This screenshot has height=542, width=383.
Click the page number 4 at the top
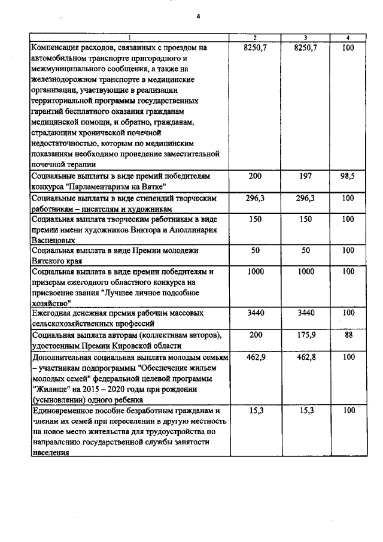197,16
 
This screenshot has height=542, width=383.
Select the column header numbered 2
256,38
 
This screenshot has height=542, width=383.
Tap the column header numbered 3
305,38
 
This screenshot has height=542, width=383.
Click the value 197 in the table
305,176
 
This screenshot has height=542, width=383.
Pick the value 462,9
256,358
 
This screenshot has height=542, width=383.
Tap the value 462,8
305,358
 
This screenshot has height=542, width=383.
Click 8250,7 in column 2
256,47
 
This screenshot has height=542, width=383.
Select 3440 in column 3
305,313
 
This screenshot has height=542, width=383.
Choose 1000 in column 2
256,271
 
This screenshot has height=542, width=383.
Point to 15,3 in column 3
305,411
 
